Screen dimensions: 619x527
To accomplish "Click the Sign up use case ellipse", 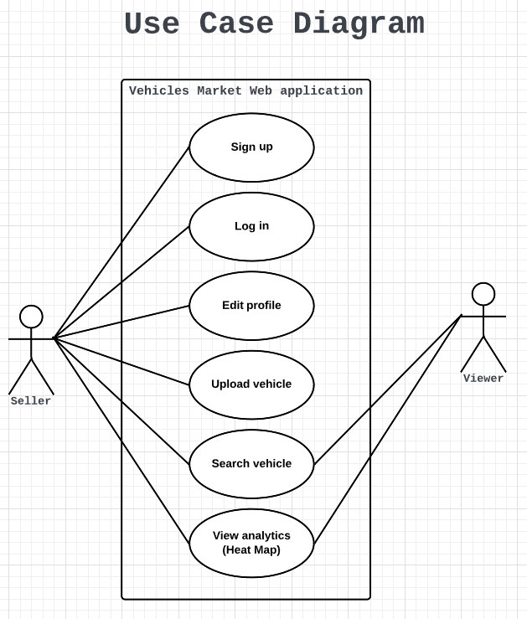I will tap(251, 147).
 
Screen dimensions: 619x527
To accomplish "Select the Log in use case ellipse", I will tap(251, 226).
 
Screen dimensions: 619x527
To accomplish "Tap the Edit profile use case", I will tap(251, 306).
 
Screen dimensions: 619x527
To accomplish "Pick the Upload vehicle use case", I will tap(251, 384).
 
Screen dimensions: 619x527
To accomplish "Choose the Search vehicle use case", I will tap(251, 464).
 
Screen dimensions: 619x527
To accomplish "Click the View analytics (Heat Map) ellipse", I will tap(251, 543).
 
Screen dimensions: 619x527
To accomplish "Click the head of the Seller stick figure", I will tap(31, 317).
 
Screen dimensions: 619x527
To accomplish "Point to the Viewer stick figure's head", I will tap(483, 294).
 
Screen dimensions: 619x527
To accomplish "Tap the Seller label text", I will tap(31, 401).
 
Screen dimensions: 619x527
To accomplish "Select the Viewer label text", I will tap(483, 379).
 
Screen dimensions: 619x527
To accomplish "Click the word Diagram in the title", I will tap(359, 24).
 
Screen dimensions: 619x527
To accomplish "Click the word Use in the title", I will tap(152, 24).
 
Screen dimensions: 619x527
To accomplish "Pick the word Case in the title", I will tap(236, 24).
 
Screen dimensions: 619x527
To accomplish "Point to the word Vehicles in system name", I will tap(159, 91).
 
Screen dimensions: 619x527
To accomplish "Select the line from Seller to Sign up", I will tap(121, 243).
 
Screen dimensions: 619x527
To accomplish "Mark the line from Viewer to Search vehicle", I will tap(388, 389).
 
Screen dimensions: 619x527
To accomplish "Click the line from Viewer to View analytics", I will tap(388, 429).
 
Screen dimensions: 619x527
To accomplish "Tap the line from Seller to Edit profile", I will tap(121, 322).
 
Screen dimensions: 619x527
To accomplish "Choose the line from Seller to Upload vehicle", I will tap(121, 362).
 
